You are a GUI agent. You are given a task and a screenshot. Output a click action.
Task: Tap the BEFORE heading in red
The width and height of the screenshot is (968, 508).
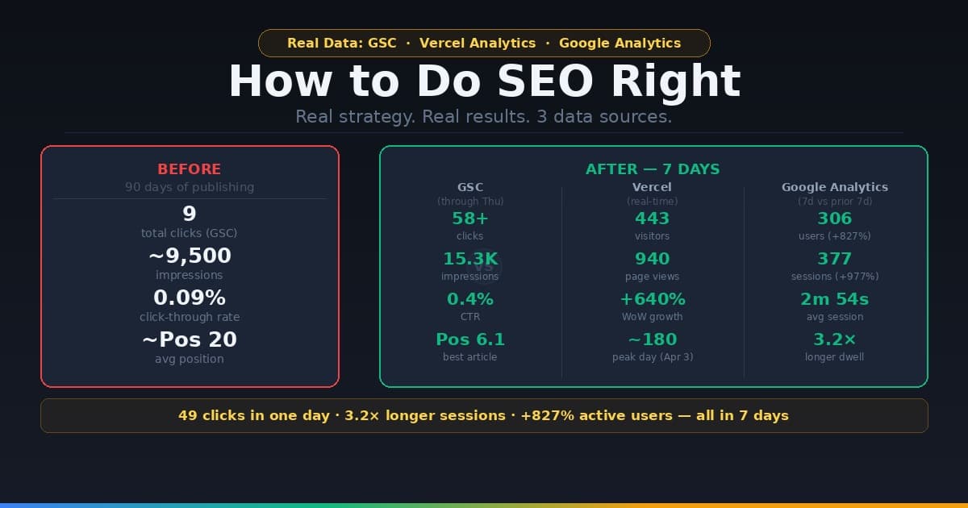tap(190, 169)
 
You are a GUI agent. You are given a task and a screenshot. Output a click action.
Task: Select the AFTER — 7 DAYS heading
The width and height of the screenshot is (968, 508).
tap(653, 169)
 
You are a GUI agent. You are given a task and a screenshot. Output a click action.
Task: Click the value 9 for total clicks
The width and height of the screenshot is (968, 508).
tap(190, 214)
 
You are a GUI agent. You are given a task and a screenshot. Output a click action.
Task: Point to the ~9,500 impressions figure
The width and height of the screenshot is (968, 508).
tap(190, 256)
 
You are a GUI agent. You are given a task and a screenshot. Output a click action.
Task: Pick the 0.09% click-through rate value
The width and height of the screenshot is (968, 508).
tap(190, 298)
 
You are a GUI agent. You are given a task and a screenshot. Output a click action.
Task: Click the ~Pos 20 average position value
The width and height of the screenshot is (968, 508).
tap(190, 339)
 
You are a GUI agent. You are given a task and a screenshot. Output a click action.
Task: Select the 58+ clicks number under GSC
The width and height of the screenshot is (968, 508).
tap(470, 218)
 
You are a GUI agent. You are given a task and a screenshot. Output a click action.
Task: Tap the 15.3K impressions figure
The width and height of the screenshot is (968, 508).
tap(470, 259)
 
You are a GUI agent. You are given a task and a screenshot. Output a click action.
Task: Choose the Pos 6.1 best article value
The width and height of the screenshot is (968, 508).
tap(470, 339)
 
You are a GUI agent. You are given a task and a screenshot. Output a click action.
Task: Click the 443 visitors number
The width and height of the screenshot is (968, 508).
tap(652, 218)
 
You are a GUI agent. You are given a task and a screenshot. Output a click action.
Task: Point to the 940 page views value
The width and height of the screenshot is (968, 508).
tap(652, 259)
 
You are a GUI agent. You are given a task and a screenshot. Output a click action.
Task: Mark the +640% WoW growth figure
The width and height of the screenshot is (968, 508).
tap(652, 299)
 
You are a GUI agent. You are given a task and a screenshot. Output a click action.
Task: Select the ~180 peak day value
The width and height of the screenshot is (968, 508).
tap(652, 339)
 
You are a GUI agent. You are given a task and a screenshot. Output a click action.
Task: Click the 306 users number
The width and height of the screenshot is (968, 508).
tap(835, 218)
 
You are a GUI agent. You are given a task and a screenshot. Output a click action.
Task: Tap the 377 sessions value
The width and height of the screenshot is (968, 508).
tap(835, 259)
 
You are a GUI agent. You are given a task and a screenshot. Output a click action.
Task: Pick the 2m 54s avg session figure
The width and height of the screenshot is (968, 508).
tap(835, 299)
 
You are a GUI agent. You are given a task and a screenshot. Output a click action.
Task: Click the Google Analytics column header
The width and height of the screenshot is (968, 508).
tap(835, 187)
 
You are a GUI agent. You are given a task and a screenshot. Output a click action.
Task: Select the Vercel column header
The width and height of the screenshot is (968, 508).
tap(652, 187)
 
